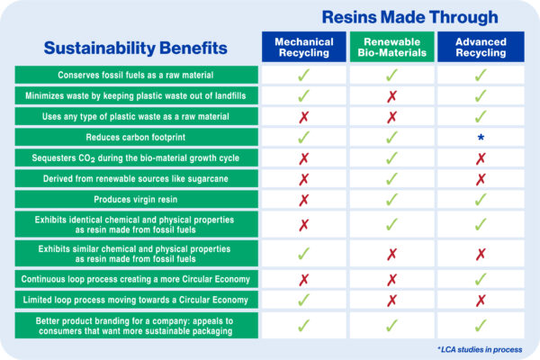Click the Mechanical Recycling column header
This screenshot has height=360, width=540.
coord(304,47)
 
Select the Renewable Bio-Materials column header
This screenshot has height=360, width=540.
coord(391,47)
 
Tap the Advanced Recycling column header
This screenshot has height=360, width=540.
coord(481,47)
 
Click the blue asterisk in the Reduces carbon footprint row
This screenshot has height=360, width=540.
coord(481,138)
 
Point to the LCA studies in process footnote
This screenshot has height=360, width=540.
coord(480,350)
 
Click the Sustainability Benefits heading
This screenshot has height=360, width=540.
coord(135,48)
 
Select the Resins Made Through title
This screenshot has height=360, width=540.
coord(409,17)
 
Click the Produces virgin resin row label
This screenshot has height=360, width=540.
coord(136,200)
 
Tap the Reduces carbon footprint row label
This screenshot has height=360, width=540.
coord(136,138)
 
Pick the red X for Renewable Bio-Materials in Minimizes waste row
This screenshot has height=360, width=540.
coord(391,96)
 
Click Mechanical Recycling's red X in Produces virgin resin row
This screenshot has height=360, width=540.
coord(304,200)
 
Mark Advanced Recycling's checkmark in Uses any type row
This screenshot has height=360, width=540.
coord(481,116)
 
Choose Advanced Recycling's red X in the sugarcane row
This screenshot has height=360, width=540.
coord(481,179)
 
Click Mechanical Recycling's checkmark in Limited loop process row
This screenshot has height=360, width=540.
coord(304,300)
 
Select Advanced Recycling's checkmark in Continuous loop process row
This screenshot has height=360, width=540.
coord(481,279)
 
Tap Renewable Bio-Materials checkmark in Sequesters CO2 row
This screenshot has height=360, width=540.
coord(391,158)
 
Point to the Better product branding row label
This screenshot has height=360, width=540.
coord(136,326)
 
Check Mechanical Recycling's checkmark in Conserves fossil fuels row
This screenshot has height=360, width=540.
coord(304,75)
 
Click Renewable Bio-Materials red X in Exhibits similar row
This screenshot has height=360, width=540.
coord(391,254)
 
